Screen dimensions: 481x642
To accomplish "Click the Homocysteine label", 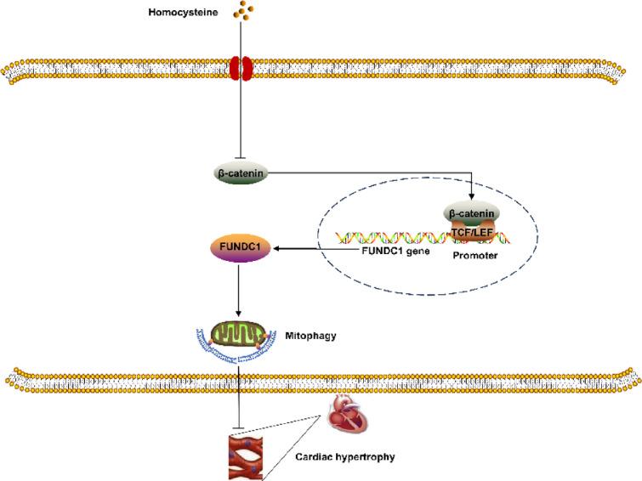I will coord(184,11).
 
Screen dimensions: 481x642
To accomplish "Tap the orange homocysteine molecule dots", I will coord(244,10).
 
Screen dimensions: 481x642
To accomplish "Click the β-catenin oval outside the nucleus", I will coord(244,172).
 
